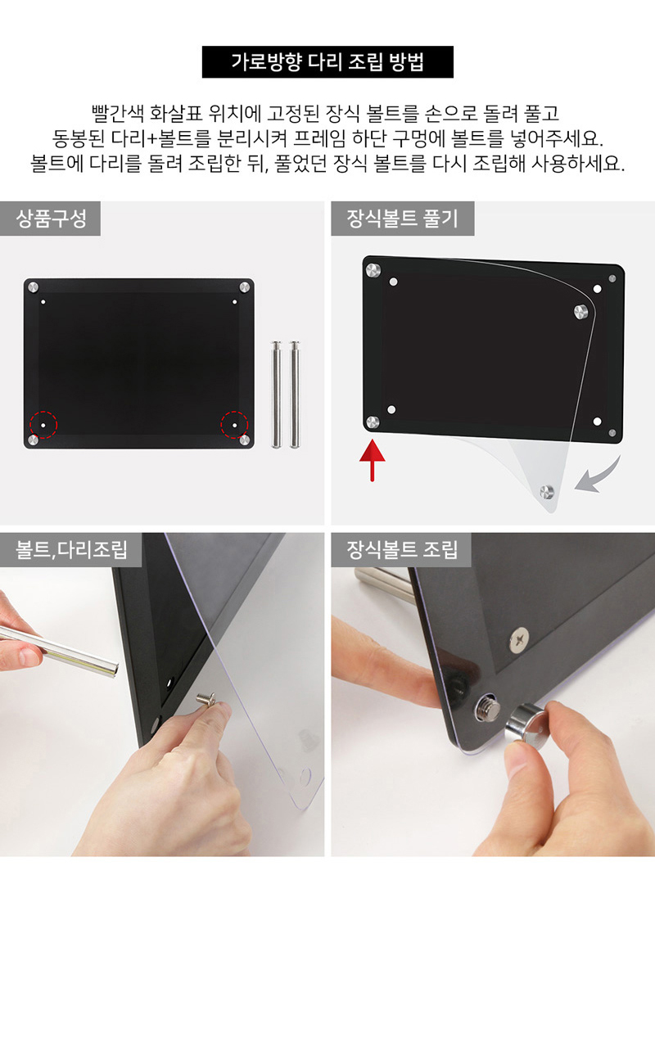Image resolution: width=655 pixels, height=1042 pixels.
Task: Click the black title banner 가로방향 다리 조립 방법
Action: point(327,62)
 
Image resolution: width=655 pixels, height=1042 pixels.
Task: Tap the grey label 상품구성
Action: point(50,219)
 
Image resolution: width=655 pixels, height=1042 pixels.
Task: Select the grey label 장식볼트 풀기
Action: point(402,219)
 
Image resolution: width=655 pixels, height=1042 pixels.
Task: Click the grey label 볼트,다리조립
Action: point(70,550)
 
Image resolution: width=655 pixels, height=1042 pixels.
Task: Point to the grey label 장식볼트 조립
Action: point(401,550)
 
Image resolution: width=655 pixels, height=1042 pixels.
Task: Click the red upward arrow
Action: point(373,461)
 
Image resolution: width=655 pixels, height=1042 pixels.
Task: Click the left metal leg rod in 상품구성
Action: point(277,395)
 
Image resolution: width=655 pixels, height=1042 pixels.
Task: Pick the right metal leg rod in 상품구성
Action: point(295,395)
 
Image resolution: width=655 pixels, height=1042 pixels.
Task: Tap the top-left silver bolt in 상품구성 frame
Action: point(33,287)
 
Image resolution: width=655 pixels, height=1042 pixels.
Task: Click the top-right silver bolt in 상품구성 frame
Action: point(245,287)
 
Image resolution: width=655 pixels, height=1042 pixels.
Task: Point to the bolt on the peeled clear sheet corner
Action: point(547,491)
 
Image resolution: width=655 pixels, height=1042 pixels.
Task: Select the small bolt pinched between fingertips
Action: point(206,699)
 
